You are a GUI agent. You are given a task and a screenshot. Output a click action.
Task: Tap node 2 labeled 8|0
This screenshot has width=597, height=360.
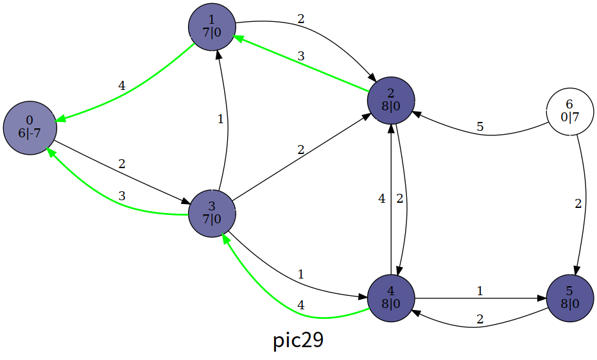(x=391, y=101)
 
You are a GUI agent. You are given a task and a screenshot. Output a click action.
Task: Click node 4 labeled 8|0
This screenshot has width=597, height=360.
(x=391, y=298)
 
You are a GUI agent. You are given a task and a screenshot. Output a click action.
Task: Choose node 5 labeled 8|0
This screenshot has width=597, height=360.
(x=569, y=298)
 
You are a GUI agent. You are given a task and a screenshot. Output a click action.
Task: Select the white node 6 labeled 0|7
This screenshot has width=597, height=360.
(x=569, y=112)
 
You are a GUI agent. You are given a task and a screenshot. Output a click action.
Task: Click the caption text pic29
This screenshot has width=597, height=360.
(x=298, y=341)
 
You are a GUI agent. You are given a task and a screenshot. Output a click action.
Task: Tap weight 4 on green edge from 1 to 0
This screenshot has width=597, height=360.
(x=121, y=85)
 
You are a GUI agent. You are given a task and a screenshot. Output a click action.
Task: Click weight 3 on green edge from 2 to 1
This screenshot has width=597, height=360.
(x=300, y=56)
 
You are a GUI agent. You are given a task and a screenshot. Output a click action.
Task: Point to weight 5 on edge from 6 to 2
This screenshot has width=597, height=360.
(x=480, y=127)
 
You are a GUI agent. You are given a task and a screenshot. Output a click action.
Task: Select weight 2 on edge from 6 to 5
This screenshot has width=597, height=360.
(x=578, y=205)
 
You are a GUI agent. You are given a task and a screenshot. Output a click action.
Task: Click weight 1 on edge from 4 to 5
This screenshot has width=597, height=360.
(x=480, y=291)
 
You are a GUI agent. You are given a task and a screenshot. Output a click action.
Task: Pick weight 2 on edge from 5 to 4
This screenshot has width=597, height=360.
(x=480, y=319)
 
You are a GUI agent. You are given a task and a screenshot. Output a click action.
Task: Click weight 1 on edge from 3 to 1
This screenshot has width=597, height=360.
(x=220, y=119)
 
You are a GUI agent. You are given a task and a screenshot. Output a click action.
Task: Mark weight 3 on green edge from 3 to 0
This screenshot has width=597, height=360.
(x=121, y=196)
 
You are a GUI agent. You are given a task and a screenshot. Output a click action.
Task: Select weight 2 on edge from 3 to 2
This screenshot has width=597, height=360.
(x=300, y=150)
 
